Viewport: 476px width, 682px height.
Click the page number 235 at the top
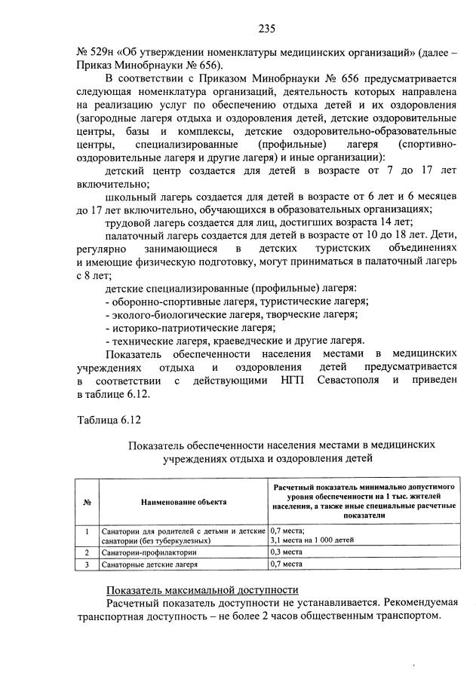click(266, 29)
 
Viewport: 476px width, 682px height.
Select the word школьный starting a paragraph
click(130, 195)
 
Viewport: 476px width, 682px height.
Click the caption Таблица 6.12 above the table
click(109, 419)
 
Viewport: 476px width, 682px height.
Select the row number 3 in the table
click(88, 564)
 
